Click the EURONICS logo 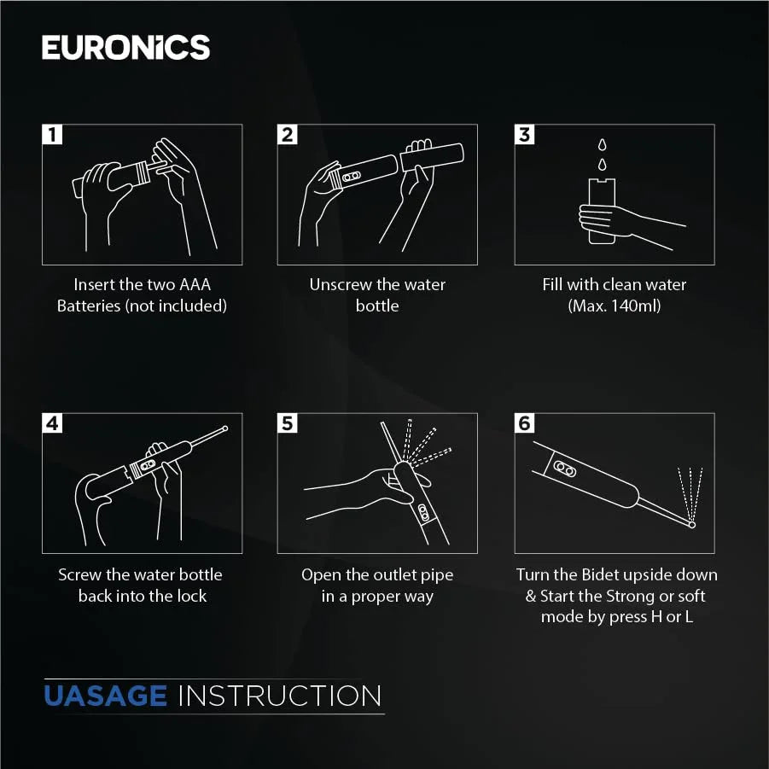click(126, 48)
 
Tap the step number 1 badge click(52, 134)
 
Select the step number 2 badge click(288, 134)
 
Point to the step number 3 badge click(524, 134)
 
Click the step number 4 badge click(52, 423)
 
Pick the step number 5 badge click(288, 423)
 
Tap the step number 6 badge click(524, 423)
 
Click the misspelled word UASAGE click(106, 696)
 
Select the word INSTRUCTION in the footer click(280, 696)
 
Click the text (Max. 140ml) click(614, 306)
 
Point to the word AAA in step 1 click(195, 284)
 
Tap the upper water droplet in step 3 click(602, 145)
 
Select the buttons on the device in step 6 click(564, 469)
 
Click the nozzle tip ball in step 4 click(225, 428)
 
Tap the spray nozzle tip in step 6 click(692, 525)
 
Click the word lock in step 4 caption click(192, 596)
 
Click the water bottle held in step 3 click(602, 211)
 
